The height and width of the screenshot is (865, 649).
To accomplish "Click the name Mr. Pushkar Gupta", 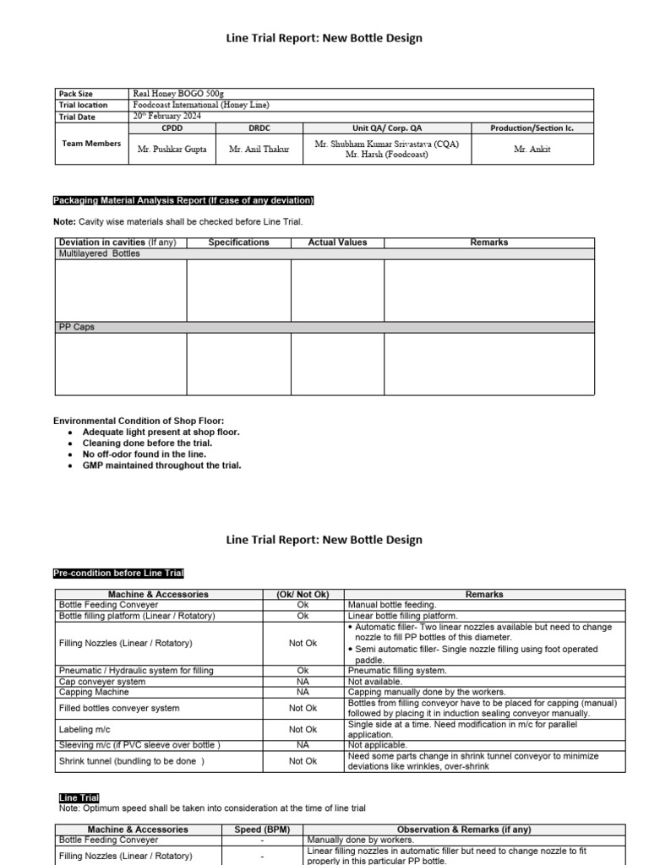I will point(172,150).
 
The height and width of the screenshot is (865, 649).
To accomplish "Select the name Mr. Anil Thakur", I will point(259,150).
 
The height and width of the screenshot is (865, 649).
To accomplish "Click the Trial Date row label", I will point(77,117).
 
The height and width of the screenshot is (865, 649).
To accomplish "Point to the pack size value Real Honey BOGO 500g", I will point(178,93).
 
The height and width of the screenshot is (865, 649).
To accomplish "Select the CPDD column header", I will point(172,128).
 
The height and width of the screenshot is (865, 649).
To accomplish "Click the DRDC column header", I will point(259,128).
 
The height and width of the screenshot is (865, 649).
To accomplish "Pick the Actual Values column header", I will point(337,242).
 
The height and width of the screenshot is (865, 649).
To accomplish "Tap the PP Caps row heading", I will point(76,327).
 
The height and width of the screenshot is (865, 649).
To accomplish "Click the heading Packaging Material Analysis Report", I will point(183,200).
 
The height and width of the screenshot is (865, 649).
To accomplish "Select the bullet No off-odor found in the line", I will point(144,454).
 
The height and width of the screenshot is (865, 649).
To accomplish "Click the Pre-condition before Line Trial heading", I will point(118,574).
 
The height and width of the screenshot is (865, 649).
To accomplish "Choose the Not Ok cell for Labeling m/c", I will point(303,729).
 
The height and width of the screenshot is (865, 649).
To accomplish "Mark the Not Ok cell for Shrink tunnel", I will point(303,760).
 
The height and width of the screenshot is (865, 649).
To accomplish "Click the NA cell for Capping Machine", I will point(303,692).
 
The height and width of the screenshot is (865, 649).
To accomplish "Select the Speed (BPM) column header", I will point(262,830).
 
